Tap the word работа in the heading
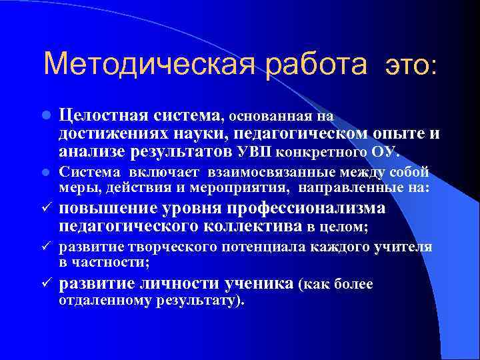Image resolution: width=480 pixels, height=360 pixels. [315, 65]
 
